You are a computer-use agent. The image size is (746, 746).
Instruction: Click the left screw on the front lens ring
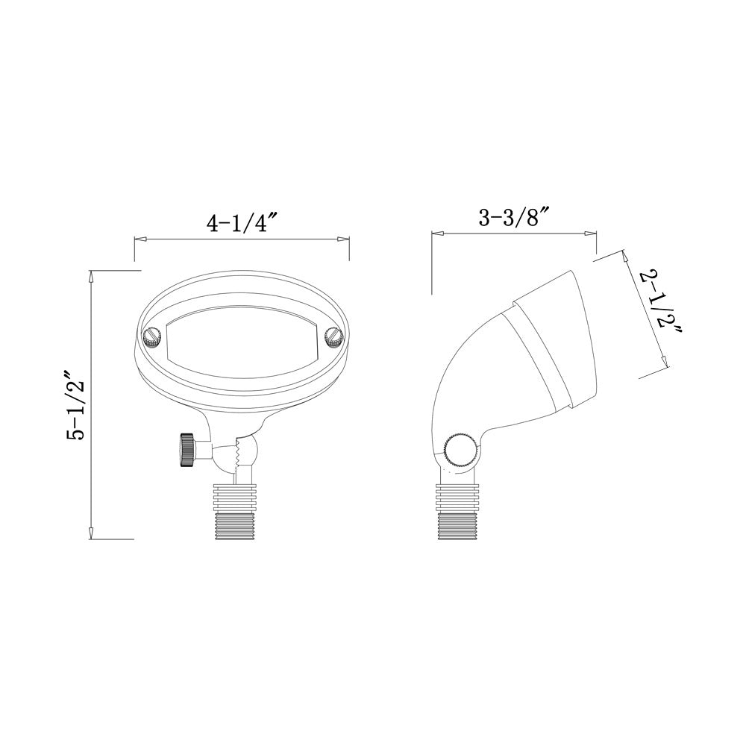point(151,337)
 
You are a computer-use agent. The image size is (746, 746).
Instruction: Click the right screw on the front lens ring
point(333,337)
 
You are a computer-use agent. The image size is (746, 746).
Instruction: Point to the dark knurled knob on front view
point(185,451)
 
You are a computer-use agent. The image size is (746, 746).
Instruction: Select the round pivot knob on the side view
point(456,450)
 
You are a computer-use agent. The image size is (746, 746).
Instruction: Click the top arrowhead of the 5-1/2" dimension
point(91,275)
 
